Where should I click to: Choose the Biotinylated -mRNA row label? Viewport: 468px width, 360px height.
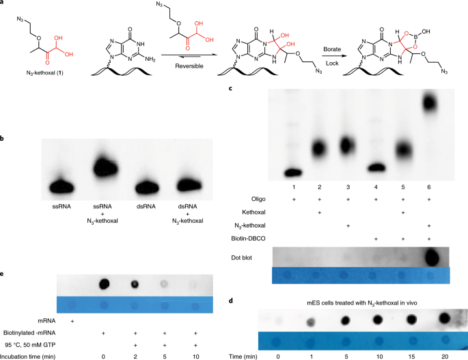click(x=41, y=332)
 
